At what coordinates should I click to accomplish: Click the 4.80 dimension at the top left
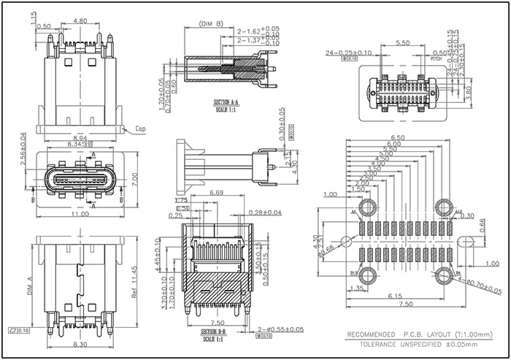[x=82, y=21]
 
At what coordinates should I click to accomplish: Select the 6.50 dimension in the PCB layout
[x=398, y=137]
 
